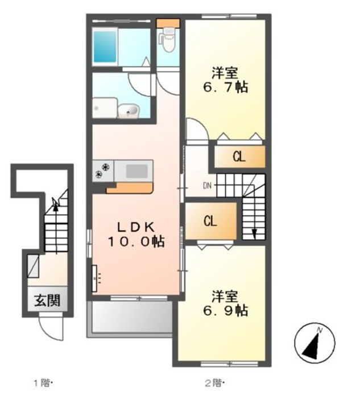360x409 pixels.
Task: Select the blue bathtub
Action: point(105,45)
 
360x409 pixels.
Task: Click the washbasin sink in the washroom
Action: point(130,111)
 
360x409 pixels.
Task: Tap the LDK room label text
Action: point(136,226)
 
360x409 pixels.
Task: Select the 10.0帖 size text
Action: point(136,241)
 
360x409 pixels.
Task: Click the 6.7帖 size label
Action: point(226,89)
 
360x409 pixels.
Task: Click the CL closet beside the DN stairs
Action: point(239,157)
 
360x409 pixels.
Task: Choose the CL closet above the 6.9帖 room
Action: point(210,221)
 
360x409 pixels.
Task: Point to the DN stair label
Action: point(208,185)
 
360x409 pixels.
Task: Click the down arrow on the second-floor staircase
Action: point(254,233)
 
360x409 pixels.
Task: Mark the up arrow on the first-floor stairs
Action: point(55,203)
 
